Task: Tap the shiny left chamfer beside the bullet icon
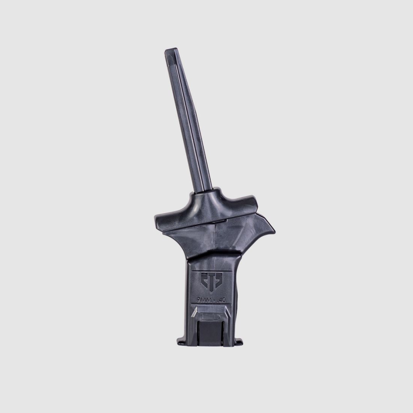pyautogui.click(x=194, y=315)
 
